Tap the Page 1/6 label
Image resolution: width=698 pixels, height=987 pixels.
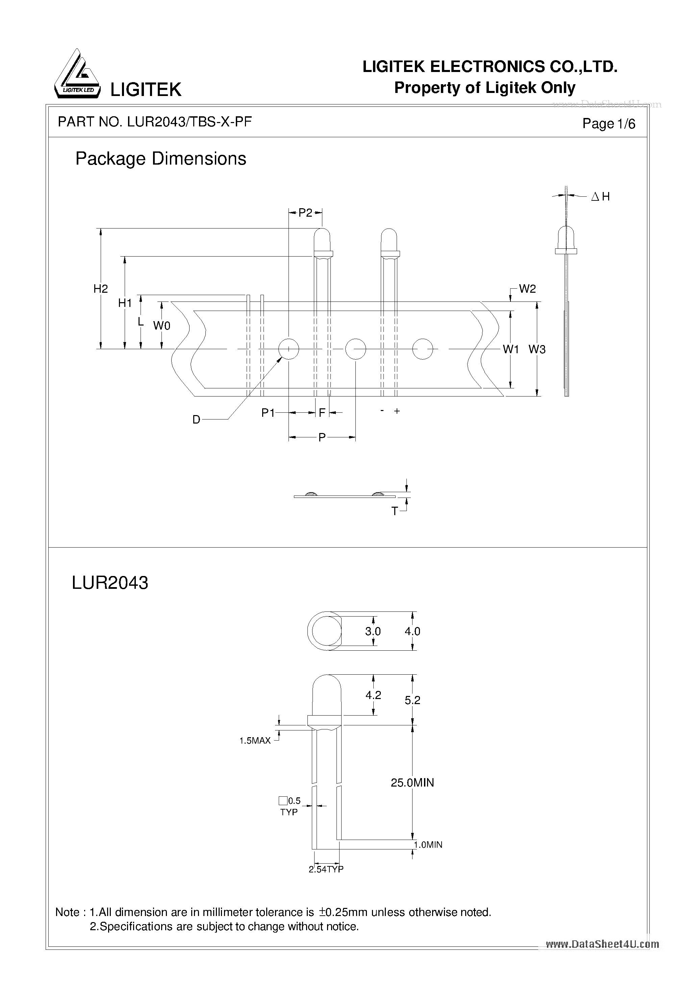(608, 124)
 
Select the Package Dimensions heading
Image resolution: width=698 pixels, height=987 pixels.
(161, 159)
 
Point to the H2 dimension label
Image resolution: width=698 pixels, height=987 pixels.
(101, 289)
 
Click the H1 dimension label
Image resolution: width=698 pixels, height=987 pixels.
(125, 303)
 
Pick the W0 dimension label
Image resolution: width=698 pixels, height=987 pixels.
(161, 326)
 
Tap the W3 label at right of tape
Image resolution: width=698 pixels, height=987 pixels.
(537, 350)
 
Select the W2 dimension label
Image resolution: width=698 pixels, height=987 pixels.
(527, 289)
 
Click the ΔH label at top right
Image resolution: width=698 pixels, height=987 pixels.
(600, 196)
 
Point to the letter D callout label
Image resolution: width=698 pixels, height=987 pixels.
(196, 420)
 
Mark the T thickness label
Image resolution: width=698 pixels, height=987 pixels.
(394, 511)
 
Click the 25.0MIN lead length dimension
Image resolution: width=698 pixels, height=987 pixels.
(412, 783)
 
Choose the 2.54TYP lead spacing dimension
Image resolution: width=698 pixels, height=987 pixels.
(326, 869)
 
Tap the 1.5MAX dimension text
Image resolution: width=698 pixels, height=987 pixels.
(255, 740)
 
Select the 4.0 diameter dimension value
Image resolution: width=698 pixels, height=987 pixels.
(412, 631)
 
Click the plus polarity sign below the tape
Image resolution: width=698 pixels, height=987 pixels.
(397, 411)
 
